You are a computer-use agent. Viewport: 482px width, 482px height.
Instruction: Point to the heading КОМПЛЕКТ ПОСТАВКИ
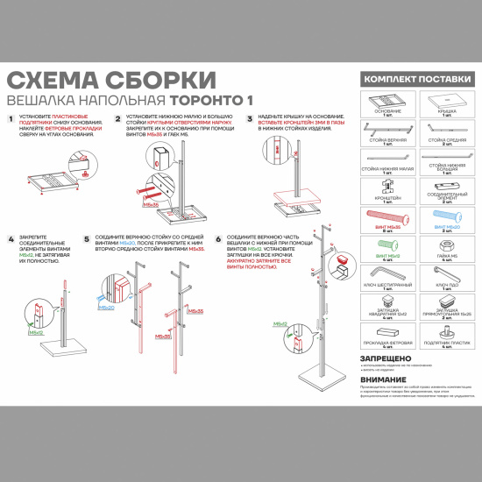[412, 80]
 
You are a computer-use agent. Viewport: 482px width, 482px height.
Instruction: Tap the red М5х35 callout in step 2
[150, 204]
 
